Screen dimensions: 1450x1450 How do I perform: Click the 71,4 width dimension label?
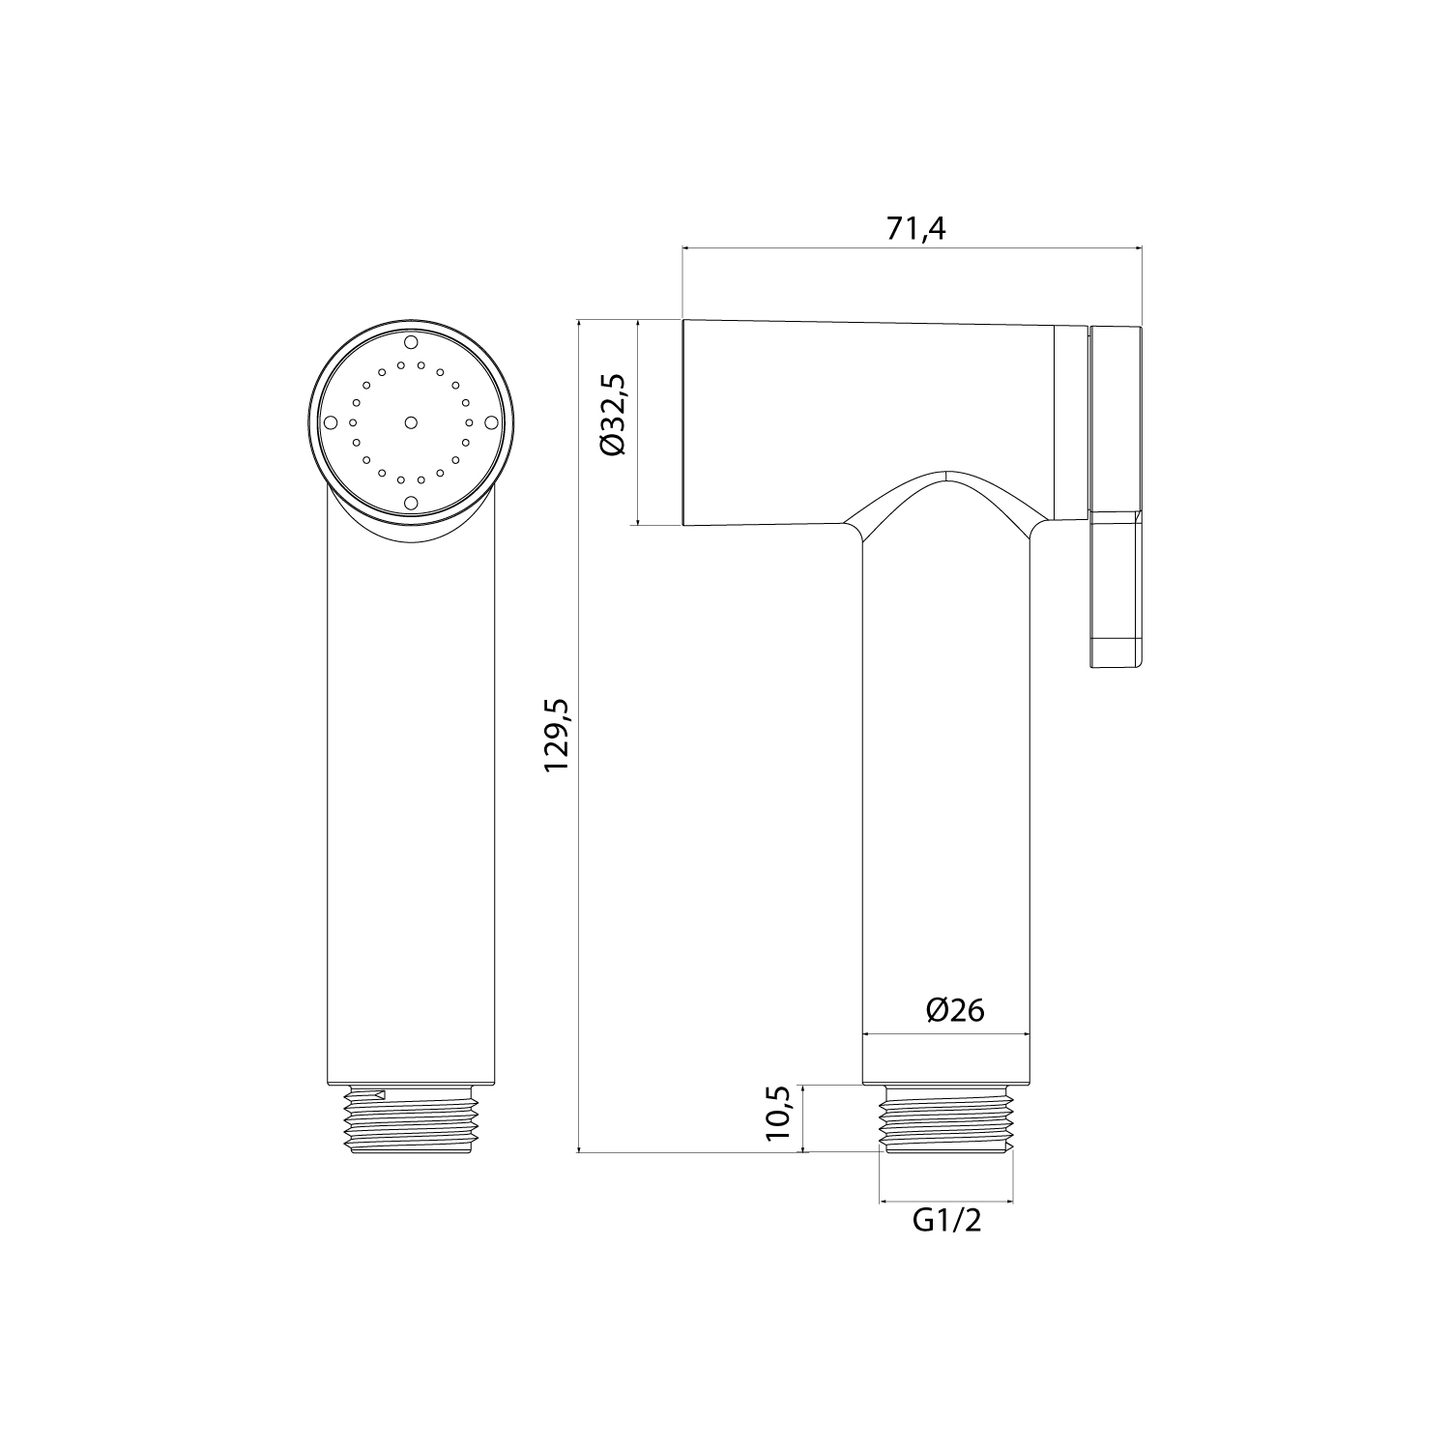(x=914, y=228)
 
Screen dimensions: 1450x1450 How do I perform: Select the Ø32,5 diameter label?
(x=612, y=415)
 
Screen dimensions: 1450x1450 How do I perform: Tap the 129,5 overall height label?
(x=558, y=736)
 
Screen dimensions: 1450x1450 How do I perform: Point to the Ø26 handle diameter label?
(x=955, y=1010)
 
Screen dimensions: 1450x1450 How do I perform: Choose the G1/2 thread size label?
(x=947, y=1221)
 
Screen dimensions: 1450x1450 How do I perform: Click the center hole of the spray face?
(x=411, y=422)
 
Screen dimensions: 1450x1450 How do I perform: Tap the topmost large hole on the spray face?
(x=411, y=342)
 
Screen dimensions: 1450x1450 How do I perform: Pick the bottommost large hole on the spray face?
(x=411, y=503)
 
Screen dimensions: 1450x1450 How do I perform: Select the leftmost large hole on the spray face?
(x=331, y=422)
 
